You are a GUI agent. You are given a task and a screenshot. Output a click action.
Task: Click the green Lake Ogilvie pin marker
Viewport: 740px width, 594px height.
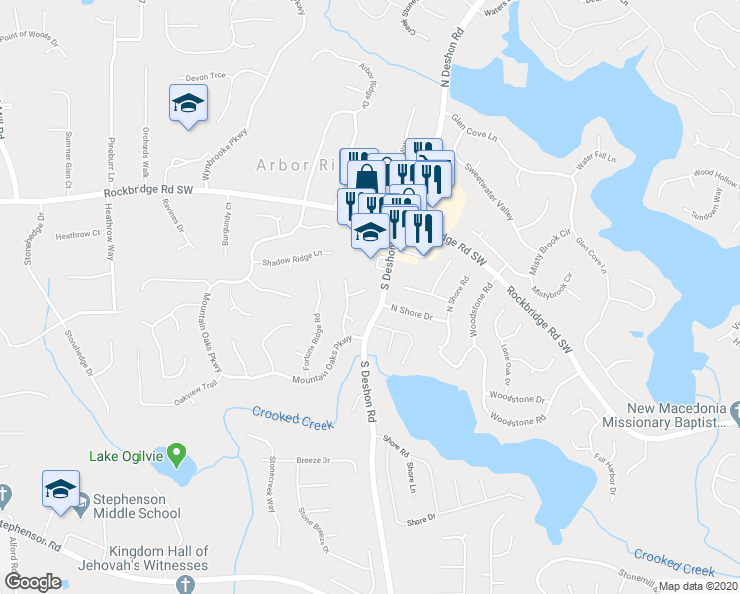[176, 454]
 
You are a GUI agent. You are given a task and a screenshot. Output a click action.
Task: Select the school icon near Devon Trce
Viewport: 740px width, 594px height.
[187, 104]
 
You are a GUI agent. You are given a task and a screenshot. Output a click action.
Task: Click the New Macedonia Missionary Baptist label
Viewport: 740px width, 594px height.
[677, 416]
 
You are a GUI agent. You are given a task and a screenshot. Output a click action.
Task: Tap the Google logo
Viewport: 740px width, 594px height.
[33, 582]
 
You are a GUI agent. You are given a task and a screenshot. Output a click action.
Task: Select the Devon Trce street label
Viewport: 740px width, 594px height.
[206, 76]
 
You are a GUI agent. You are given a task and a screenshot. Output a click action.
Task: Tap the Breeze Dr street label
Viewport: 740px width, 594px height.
[313, 461]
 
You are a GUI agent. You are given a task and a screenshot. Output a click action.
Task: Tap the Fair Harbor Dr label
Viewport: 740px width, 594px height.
[606, 472]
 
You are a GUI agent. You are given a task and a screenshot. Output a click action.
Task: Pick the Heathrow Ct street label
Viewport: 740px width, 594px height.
[79, 235]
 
